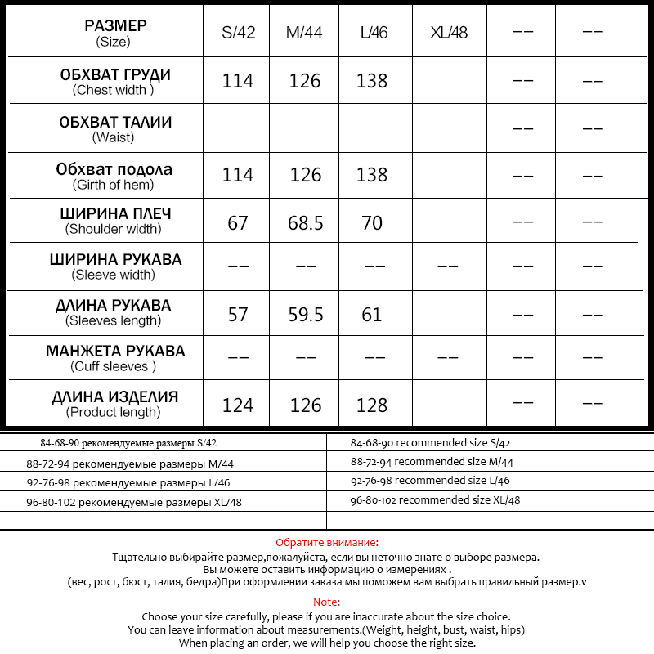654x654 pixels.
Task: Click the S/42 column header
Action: (238, 34)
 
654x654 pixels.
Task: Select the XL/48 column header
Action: (449, 34)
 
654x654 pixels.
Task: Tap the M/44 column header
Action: (304, 34)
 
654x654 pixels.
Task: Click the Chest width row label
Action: (115, 82)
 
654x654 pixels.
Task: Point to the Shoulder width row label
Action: (115, 221)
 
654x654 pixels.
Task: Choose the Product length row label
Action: (115, 404)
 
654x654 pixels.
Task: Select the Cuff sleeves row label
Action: (115, 358)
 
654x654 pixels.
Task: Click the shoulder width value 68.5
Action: (305, 222)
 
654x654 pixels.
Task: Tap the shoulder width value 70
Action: (372, 222)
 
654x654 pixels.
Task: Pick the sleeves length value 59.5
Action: (305, 314)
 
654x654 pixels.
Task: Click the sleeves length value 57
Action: (238, 314)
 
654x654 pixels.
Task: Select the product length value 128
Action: (372, 405)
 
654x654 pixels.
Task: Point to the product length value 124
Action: (238, 405)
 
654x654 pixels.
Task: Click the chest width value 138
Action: (372, 81)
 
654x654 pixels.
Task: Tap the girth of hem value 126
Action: (305, 175)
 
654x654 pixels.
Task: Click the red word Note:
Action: (326, 602)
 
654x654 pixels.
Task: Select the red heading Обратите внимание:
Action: (326, 543)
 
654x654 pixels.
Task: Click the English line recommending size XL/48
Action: (435, 500)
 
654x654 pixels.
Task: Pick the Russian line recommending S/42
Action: (128, 443)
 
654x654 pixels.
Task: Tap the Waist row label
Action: (115, 129)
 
